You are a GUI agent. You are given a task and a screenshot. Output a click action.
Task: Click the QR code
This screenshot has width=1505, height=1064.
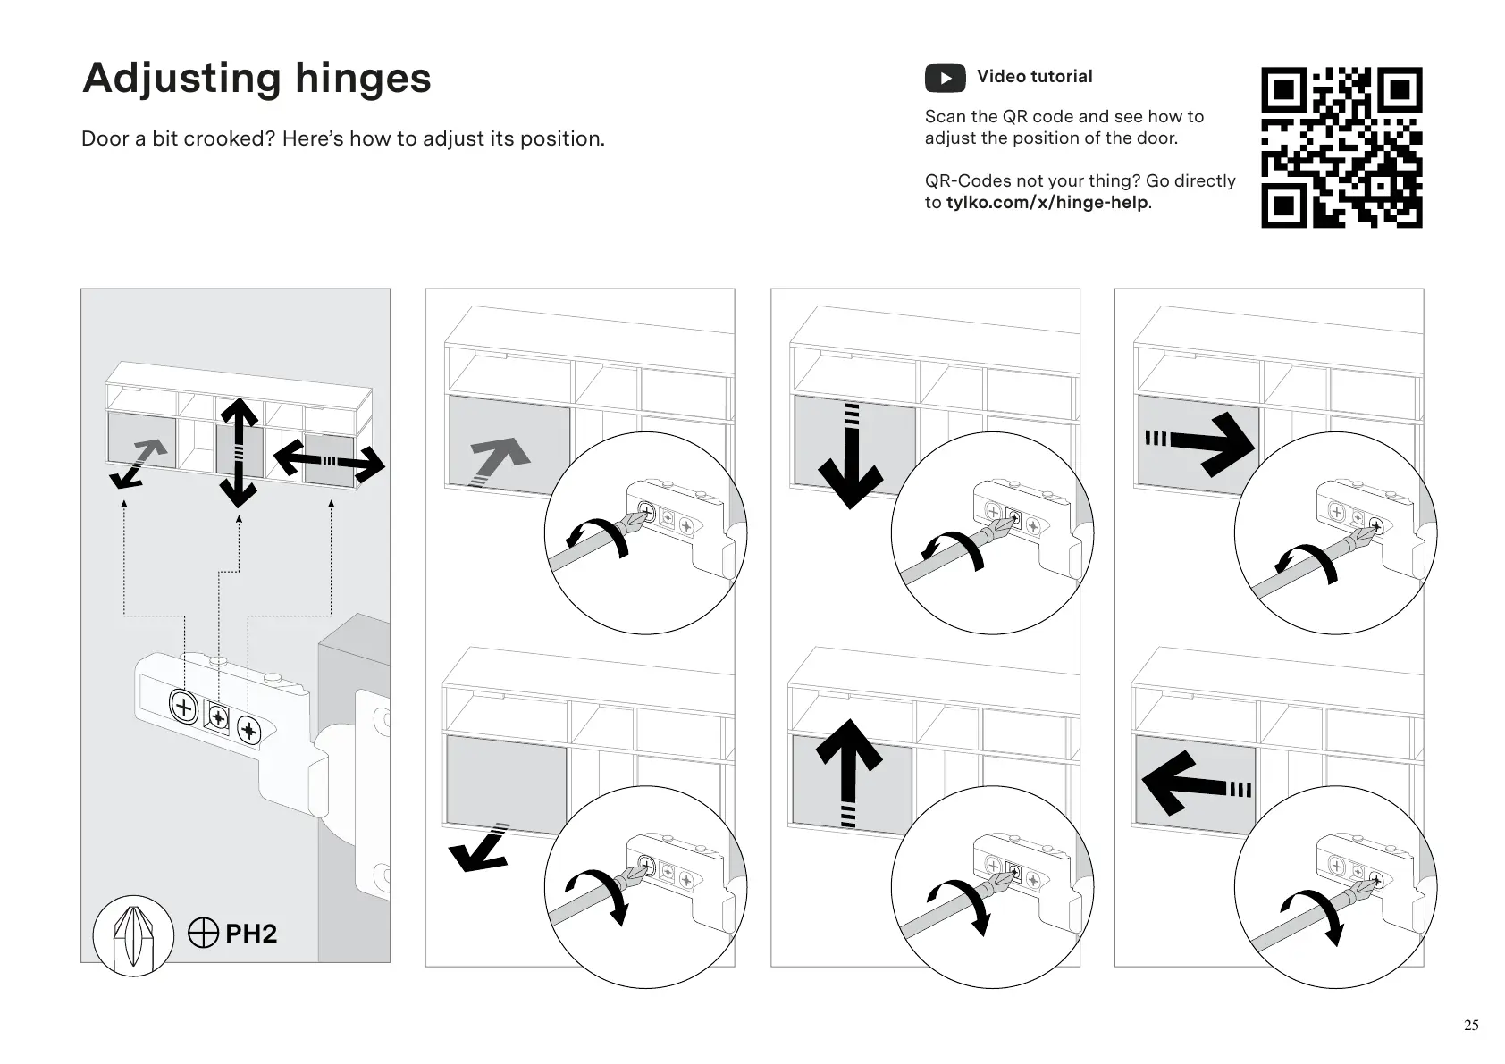1341,147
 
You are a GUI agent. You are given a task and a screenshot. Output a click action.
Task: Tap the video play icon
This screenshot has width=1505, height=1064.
945,78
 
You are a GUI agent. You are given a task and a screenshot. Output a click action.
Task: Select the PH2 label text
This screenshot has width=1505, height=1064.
250,934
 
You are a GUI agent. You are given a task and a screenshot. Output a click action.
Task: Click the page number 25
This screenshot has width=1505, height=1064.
1471,1025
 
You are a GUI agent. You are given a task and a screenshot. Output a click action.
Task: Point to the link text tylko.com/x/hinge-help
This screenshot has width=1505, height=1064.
1047,203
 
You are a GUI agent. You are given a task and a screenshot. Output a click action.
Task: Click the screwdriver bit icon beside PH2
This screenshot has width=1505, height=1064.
133,935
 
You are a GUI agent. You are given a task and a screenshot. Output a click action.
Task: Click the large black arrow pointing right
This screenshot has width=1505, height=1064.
1207,440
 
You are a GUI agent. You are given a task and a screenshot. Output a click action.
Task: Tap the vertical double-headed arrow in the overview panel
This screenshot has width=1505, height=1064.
239,451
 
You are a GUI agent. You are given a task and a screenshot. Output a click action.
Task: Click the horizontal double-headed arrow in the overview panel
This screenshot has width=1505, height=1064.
329,460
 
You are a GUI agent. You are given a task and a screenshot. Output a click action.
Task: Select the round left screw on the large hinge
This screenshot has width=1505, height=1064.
183,708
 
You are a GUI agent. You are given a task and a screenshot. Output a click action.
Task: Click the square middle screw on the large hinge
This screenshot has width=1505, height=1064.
218,716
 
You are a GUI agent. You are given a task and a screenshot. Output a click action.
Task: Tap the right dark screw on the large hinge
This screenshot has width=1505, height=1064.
249,732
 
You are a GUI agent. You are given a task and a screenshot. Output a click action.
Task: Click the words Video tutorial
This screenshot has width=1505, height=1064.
1034,77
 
